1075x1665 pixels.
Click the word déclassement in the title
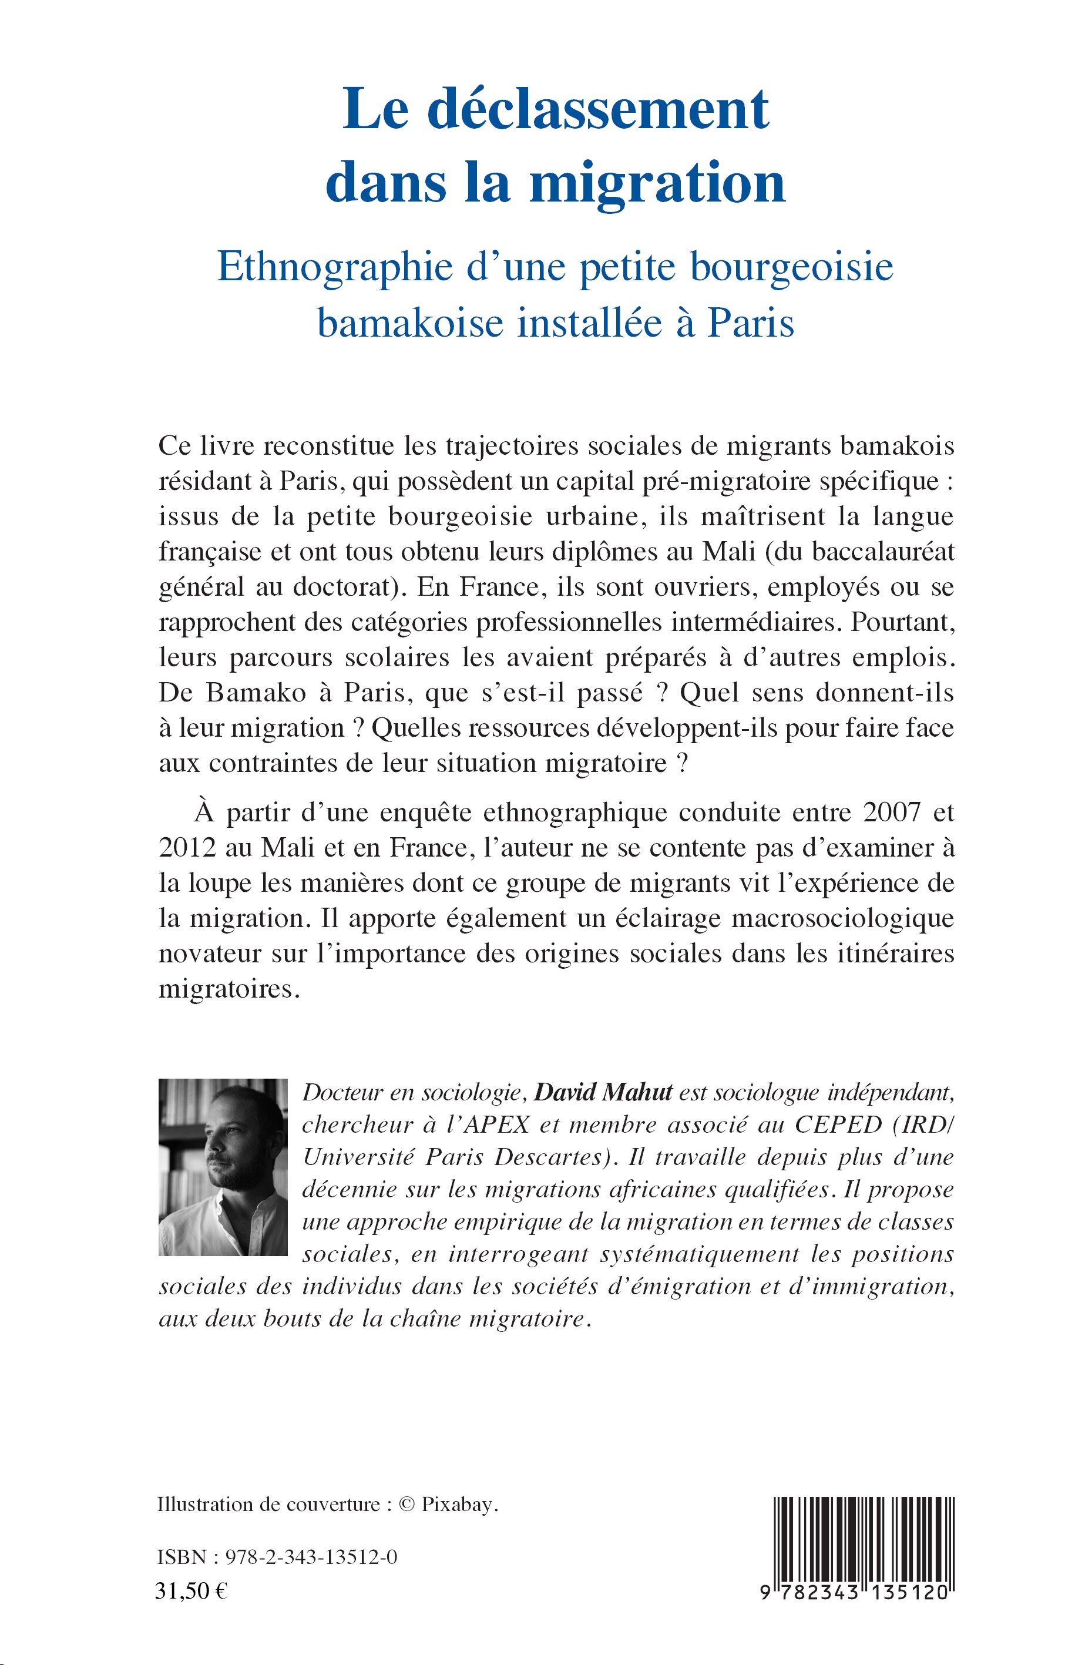point(597,110)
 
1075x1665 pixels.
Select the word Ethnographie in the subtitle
point(335,267)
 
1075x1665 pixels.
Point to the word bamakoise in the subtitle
point(411,323)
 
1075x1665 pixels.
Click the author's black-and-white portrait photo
point(223,1167)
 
